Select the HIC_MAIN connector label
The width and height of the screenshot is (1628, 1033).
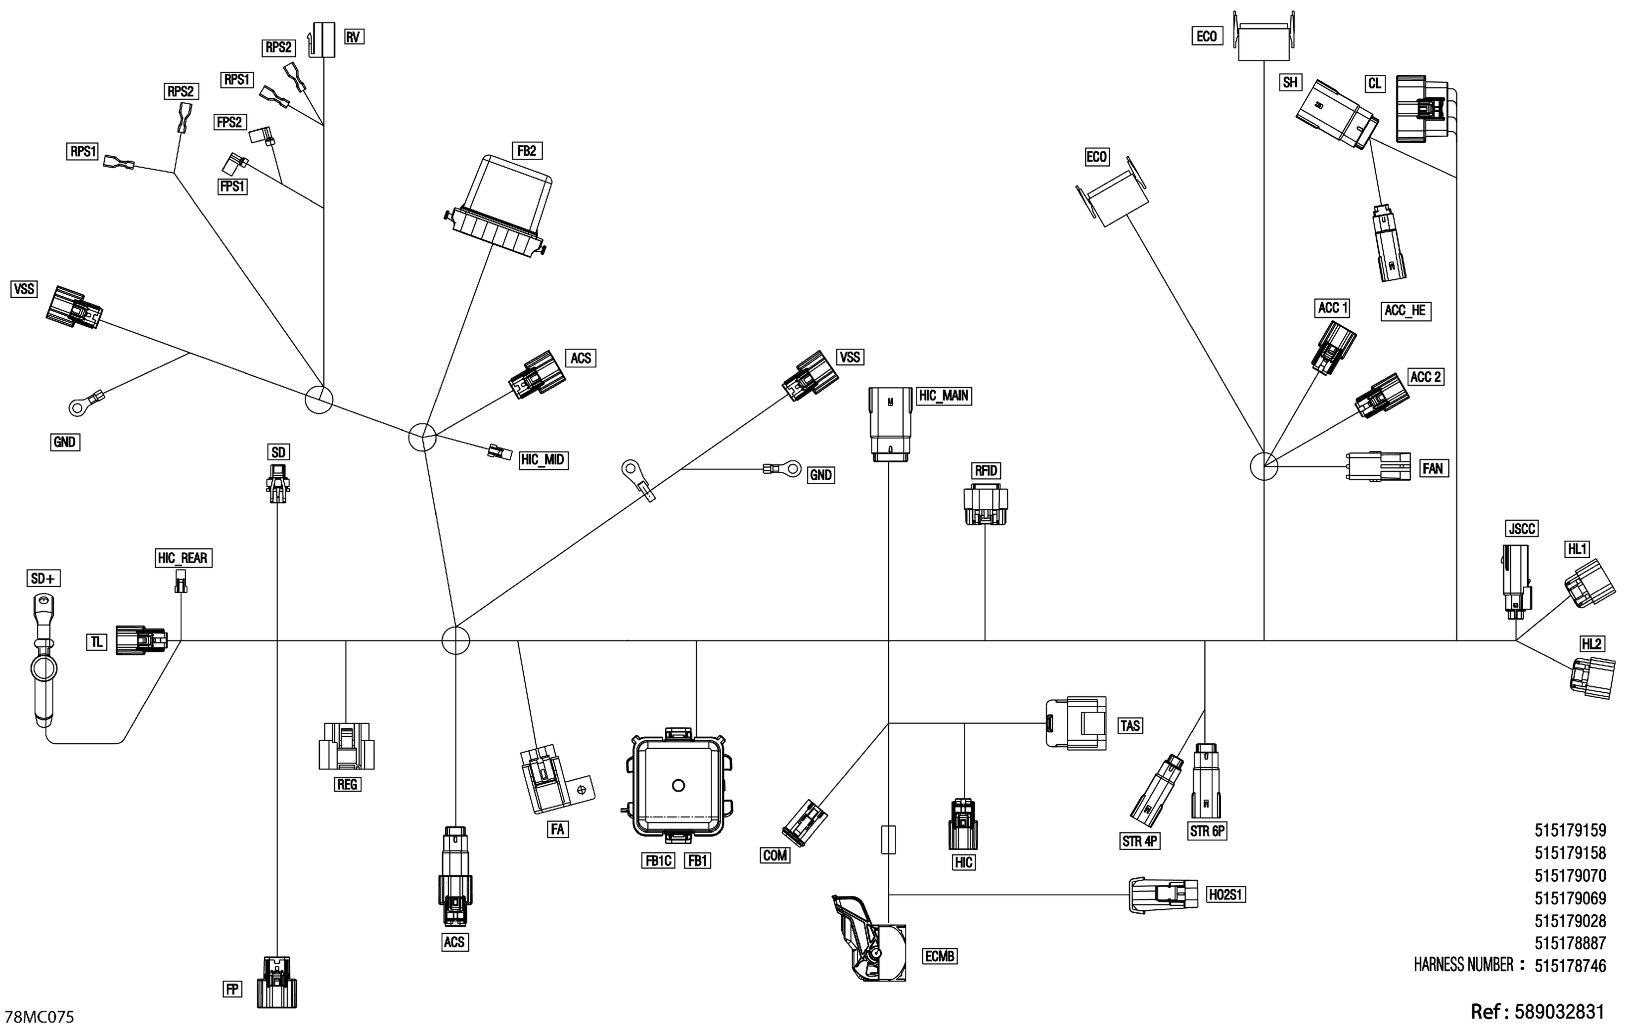(x=943, y=396)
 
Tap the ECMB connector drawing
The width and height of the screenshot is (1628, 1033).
(x=869, y=940)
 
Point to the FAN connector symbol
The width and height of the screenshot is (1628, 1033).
(x=1378, y=467)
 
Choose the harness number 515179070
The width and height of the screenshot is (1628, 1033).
(x=1570, y=876)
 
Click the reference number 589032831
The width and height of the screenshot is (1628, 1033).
(x=1559, y=1011)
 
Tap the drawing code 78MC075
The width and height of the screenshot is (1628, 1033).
(x=39, y=1017)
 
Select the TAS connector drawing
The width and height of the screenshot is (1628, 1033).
(x=1076, y=723)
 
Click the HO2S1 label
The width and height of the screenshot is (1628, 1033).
(x=1226, y=895)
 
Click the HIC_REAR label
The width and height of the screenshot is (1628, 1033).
(x=182, y=558)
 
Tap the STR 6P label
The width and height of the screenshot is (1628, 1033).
(x=1207, y=831)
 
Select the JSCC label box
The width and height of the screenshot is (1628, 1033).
(x=1522, y=528)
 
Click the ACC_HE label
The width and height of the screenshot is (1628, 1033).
(x=1405, y=310)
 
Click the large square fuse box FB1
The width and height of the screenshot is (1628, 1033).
(x=679, y=786)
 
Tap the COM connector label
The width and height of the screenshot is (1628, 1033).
(x=775, y=855)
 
